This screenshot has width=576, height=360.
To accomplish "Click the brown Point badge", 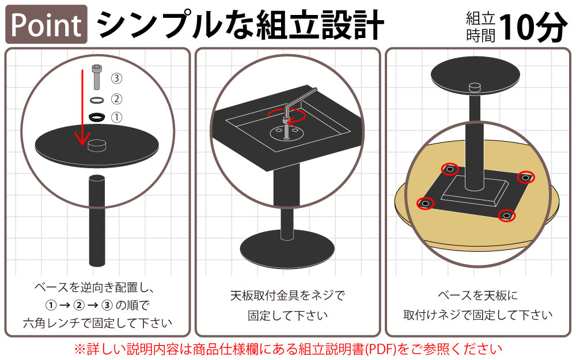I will [x=46, y=25].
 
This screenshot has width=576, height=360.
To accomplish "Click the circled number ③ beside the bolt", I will [x=116, y=78].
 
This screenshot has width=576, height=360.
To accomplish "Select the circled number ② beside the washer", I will [x=116, y=98].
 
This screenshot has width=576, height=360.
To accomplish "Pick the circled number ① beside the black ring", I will [x=116, y=118].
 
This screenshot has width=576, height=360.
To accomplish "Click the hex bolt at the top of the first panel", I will [x=96, y=77].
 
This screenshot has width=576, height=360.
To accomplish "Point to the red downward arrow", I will [x=82, y=109].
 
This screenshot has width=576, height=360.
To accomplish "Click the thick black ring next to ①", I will [x=97, y=117].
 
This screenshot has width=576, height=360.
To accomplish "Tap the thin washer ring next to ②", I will [x=96, y=100].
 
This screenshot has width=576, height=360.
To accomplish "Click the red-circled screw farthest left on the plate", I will [x=425, y=203].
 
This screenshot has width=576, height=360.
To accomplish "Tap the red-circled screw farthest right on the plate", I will [x=525, y=177].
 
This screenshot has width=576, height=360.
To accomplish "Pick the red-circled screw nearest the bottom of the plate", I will [x=506, y=215].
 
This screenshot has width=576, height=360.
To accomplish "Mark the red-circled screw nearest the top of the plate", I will [x=449, y=169].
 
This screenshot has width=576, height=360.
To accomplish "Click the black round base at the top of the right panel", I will [x=474, y=77].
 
